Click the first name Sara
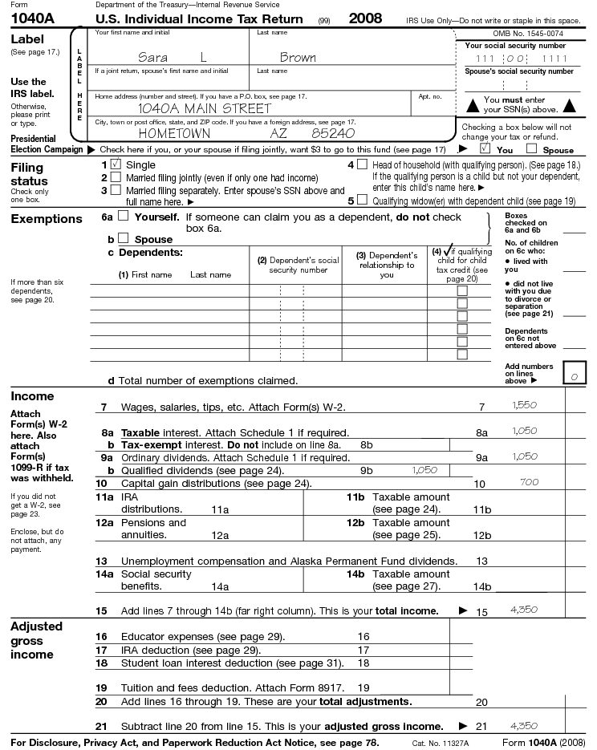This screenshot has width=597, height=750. tap(152, 57)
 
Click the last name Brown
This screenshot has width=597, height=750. tap(298, 57)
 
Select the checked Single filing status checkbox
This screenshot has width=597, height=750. tap(116, 164)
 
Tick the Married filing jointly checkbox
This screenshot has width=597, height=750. tap(116, 177)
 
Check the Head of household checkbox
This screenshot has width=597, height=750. tap(363, 164)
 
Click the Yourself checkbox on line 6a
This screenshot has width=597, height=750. tap(123, 216)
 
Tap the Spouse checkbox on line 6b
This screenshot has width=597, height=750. tap(123, 238)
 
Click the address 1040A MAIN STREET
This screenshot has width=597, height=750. tap(205, 108)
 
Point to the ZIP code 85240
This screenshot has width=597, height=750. tap(333, 133)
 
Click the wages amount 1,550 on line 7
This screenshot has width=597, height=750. tap(524, 406)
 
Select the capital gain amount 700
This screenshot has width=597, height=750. tap(529, 482)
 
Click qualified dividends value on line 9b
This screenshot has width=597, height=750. tap(424, 470)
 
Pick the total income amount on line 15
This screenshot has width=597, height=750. tap(524, 610)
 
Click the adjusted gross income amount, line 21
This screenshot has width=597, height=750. tap(524, 725)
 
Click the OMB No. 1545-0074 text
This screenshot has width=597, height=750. tap(527, 34)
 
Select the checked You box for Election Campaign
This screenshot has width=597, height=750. tap(485, 148)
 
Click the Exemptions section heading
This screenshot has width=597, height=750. tap(47, 219)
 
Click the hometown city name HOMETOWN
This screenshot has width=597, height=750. tap(174, 133)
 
